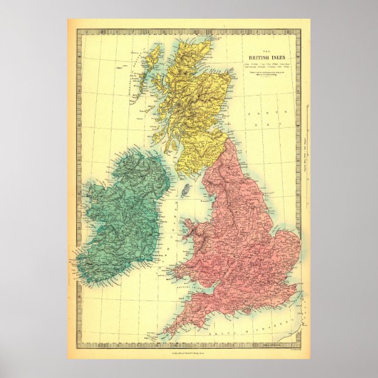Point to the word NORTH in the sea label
click(256, 112)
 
